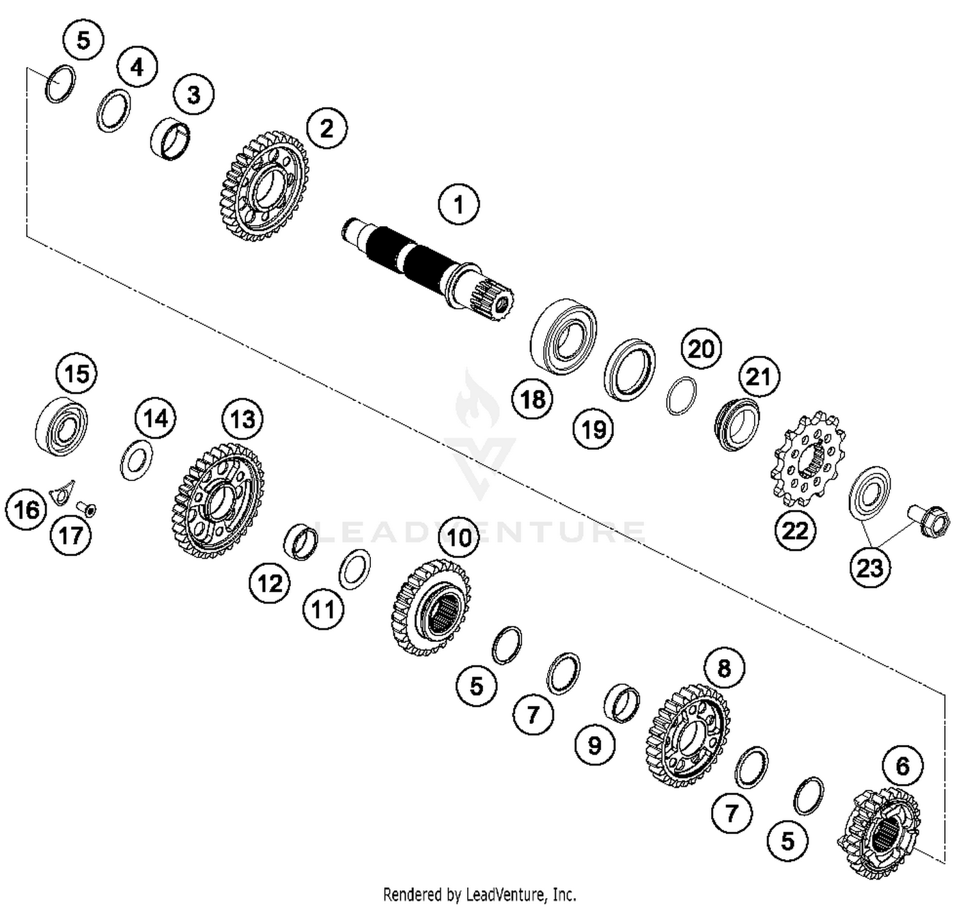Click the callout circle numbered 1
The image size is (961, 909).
(458, 204)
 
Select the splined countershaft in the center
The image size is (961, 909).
(426, 266)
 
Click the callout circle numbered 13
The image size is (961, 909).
(242, 420)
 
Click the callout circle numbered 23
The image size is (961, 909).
(869, 567)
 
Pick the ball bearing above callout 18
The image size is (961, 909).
(564, 336)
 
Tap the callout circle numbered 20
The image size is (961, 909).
(701, 349)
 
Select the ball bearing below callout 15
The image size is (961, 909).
(61, 426)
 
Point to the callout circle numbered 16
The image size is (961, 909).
(26, 510)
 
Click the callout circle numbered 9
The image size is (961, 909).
(595, 745)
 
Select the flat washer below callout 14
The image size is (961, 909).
(136, 460)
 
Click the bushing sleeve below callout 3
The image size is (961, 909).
(170, 140)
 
